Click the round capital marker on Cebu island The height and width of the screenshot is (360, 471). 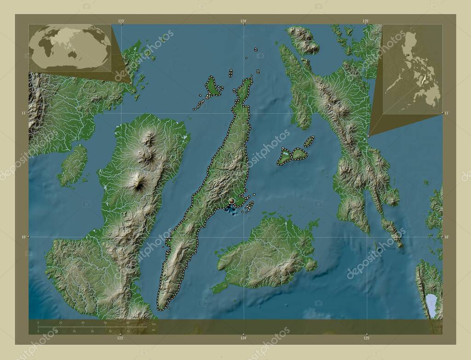tap(232, 201)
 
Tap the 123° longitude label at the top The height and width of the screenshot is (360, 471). tap(121, 21)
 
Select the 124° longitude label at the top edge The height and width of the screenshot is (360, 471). tap(243, 21)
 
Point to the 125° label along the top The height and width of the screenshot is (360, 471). tap(366, 21)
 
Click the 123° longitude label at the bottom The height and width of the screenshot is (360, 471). tap(121, 338)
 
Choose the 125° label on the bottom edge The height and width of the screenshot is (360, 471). tap(367, 338)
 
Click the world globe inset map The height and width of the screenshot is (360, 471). tap(70, 48)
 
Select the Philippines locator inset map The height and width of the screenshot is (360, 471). tap(413, 69)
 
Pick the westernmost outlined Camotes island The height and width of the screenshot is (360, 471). tap(284, 157)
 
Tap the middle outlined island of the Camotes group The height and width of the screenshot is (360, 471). tap(299, 154)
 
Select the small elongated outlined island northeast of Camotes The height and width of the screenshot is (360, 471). tap(309, 141)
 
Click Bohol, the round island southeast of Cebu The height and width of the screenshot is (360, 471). tap(267, 253)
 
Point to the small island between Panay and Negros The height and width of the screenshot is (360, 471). tap(73, 166)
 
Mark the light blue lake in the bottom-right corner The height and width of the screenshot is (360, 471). tap(431, 304)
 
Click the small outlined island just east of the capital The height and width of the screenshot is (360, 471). tap(250, 206)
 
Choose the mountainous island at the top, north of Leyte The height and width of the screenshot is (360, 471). tap(303, 40)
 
